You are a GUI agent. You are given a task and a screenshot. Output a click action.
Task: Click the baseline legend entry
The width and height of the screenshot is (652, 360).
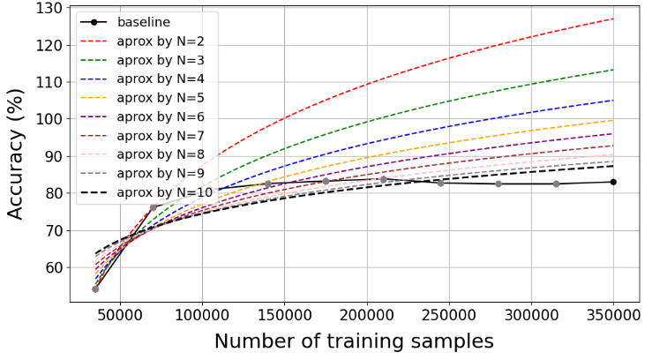pos(124,22)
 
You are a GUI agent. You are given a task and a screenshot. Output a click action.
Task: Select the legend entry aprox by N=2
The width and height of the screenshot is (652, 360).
pos(141,41)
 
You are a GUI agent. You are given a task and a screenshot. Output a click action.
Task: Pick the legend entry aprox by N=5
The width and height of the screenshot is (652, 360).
pos(141,98)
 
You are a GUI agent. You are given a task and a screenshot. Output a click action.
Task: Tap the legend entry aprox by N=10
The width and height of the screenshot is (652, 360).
pos(146,192)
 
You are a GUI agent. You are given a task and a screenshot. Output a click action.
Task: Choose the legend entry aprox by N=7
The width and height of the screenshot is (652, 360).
pos(141,136)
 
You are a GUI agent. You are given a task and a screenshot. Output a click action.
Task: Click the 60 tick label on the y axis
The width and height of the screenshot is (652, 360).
pos(54,267)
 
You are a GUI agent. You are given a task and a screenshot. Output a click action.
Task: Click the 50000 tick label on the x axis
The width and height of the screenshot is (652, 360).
pos(120,315)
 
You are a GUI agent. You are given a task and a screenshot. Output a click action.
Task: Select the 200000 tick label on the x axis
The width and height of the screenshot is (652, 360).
pos(367,315)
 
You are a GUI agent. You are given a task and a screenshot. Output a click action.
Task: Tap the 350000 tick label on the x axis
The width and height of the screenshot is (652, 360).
pos(613,315)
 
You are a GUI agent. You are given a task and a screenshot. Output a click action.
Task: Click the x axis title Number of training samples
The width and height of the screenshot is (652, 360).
pos(355,341)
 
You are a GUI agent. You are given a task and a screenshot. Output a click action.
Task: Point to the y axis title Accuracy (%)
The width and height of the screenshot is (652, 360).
pos(15,154)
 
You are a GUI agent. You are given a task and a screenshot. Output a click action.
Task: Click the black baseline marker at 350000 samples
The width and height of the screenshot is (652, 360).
pos(613,182)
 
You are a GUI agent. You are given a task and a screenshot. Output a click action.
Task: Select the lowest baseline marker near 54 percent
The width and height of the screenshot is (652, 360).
pos(95,289)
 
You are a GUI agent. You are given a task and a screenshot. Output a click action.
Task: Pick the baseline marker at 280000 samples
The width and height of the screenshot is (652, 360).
pos(498,184)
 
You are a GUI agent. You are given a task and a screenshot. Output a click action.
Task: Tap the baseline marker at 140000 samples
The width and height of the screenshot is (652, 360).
pos(268,184)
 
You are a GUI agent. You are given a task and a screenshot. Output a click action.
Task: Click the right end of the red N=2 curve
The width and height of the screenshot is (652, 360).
pos(613,19)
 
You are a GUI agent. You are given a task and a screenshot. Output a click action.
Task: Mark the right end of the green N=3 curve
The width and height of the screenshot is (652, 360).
pos(613,70)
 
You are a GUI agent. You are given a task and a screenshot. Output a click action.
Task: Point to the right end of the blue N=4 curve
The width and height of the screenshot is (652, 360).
pos(613,101)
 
